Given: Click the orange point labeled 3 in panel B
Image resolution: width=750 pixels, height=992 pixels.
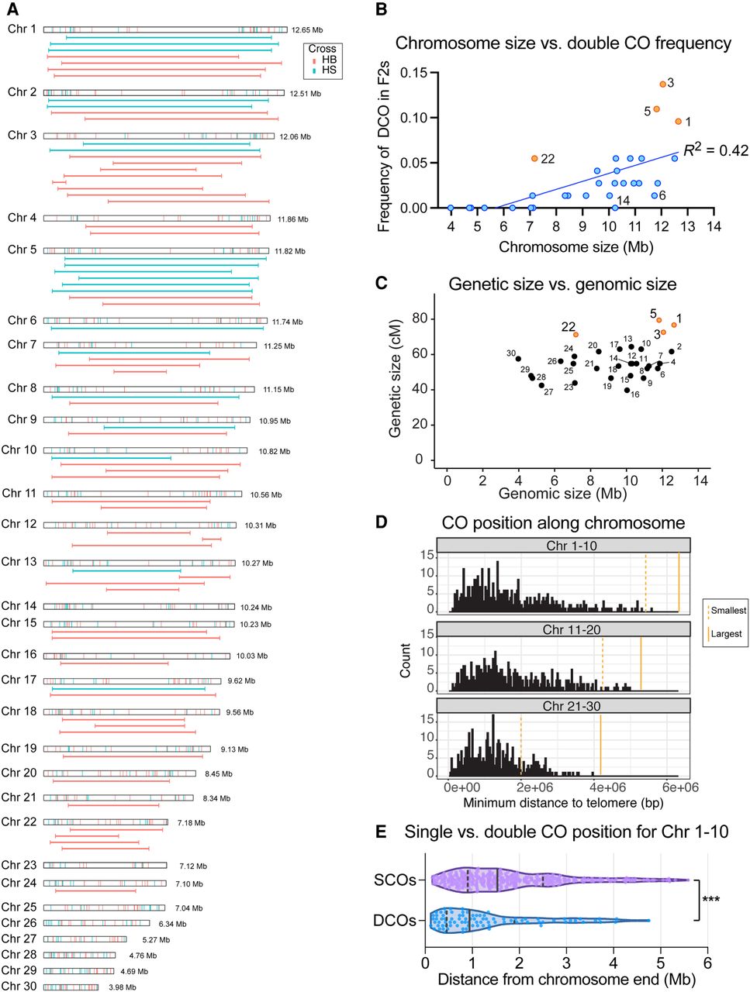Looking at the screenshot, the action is click(x=662, y=84).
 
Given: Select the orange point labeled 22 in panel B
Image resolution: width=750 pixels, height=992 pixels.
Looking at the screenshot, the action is click(x=534, y=159).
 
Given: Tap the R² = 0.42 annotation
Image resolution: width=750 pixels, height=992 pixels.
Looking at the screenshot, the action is click(x=715, y=150).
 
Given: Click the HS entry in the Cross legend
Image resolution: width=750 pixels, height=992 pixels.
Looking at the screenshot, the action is click(x=325, y=70).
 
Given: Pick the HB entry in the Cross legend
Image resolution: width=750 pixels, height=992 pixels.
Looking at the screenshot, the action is click(x=325, y=60).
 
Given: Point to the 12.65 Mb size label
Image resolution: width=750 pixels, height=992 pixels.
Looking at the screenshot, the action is click(x=307, y=30).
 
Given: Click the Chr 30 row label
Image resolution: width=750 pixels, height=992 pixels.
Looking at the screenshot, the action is click(x=19, y=986).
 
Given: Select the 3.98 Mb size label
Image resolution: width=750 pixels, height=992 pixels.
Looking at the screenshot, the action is click(x=122, y=987).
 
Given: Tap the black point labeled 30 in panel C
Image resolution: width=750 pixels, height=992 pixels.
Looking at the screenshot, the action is click(x=518, y=359).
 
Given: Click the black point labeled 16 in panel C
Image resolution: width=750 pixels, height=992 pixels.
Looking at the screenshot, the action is click(x=627, y=390).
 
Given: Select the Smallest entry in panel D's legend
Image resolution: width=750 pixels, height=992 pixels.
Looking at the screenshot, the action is click(x=724, y=610).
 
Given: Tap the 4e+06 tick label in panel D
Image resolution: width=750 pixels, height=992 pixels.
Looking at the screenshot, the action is click(x=607, y=787).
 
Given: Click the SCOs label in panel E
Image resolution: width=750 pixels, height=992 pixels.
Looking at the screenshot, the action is click(x=395, y=880).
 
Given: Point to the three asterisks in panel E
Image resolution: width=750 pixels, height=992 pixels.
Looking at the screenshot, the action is click(x=711, y=898).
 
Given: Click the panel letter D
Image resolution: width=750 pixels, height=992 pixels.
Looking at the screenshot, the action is click(x=381, y=522).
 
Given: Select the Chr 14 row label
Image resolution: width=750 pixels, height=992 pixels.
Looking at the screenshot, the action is click(x=19, y=605).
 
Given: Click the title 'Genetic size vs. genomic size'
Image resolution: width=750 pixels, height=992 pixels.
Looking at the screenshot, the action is click(x=562, y=284).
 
